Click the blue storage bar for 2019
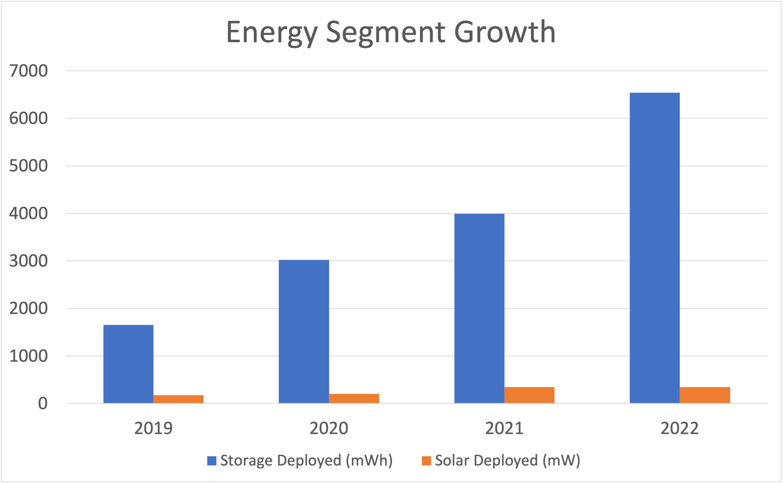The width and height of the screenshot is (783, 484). click(x=128, y=364)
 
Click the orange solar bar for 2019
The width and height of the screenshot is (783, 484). click(x=178, y=399)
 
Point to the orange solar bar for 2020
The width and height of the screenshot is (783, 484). click(x=354, y=399)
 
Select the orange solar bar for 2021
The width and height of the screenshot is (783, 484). click(x=529, y=395)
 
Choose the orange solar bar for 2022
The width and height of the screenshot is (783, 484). click(x=705, y=395)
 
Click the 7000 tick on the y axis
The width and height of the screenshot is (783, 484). click(x=29, y=71)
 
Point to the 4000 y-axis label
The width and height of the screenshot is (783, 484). click(x=29, y=214)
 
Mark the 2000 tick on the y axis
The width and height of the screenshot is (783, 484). click(x=29, y=309)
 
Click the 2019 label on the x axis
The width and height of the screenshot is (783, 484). click(x=153, y=428)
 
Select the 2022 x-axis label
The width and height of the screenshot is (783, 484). click(x=679, y=428)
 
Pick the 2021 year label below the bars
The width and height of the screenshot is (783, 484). click(x=504, y=428)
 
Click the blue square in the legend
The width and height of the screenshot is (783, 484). click(x=211, y=461)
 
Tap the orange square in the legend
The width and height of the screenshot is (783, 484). click(x=426, y=461)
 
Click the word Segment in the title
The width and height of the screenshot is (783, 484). click(x=385, y=32)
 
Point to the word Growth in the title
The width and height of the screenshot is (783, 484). click(x=505, y=32)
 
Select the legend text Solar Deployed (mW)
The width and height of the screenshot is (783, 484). click(x=507, y=461)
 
